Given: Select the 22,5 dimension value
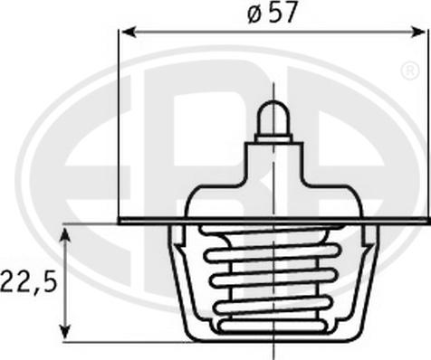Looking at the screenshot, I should click(x=29, y=280).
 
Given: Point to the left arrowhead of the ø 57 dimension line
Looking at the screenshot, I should click(x=127, y=33).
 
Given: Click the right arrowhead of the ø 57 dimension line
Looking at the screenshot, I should click(x=418, y=33).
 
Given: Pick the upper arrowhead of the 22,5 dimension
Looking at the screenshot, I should click(x=65, y=234).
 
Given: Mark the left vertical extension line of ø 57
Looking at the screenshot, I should click(x=120, y=127).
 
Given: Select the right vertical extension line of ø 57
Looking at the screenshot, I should click(x=426, y=127).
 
